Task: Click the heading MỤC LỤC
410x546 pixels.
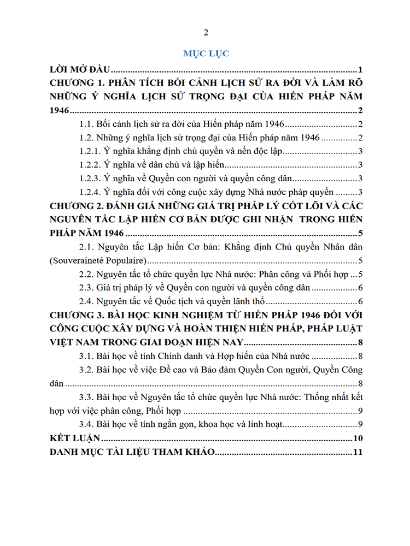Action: tap(206, 54)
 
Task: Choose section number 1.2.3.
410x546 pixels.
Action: tap(91, 179)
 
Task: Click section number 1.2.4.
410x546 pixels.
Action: tap(91, 192)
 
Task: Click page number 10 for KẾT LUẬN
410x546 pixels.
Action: tap(359, 438)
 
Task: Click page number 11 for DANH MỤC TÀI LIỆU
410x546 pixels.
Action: tap(359, 452)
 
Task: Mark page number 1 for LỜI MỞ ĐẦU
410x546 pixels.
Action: tap(361, 69)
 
